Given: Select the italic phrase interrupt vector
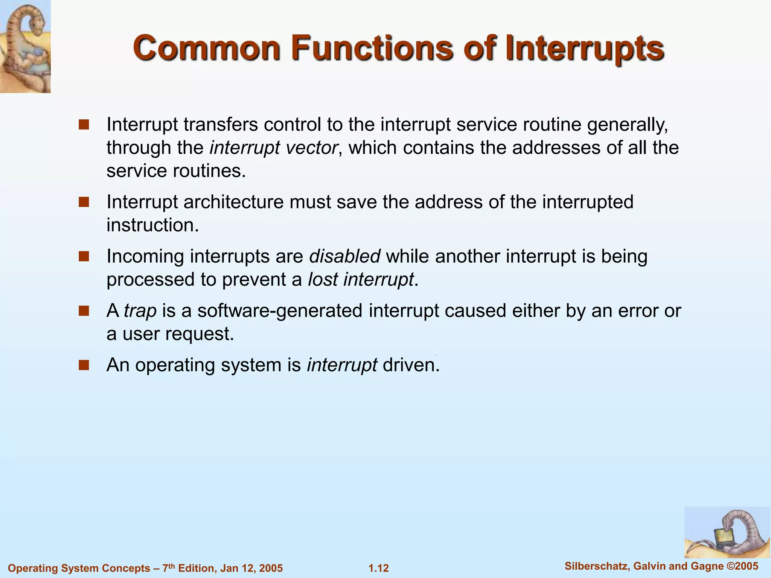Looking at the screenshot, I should coord(273,148).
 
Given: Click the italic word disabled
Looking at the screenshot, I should coord(344,256).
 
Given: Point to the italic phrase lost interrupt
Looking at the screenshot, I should coord(360,280).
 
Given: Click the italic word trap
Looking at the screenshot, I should coord(140,311).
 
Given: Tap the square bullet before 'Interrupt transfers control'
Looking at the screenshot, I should coord(84,125).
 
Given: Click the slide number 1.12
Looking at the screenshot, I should coord(378,568).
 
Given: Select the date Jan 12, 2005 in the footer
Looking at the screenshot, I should coord(251,568).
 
